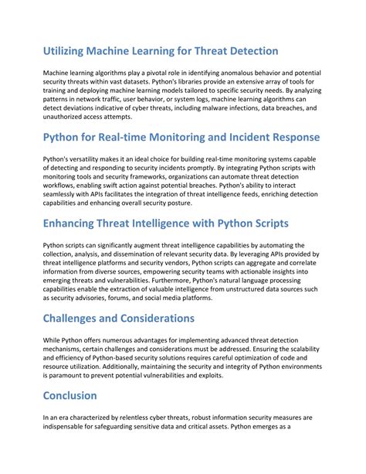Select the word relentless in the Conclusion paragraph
[x=134, y=417]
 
